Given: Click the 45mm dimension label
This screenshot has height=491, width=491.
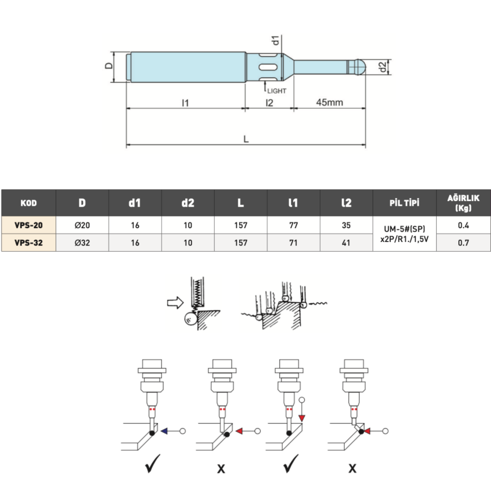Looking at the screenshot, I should pyautogui.click(x=329, y=102).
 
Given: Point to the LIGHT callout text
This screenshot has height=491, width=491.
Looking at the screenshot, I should pyautogui.click(x=277, y=91).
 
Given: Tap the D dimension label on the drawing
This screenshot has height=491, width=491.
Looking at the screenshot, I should pyautogui.click(x=108, y=66).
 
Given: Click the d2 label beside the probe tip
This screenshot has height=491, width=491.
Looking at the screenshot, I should pyautogui.click(x=383, y=66).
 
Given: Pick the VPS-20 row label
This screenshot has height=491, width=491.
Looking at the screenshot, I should pyautogui.click(x=28, y=225).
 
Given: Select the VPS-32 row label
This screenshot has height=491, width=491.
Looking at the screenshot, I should pyautogui.click(x=28, y=243).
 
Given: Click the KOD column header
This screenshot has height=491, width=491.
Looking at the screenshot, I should pyautogui.click(x=28, y=203).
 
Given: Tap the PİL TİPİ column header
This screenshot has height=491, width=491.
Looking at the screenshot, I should pyautogui.click(x=404, y=203).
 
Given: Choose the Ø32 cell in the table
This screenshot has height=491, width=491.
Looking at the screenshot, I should pyautogui.click(x=82, y=243).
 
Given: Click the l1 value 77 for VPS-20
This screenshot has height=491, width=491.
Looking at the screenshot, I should pyautogui.click(x=293, y=225).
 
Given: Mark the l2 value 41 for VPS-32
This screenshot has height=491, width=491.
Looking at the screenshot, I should pyautogui.click(x=346, y=243).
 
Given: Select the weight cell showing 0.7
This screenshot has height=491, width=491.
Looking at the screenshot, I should pyautogui.click(x=463, y=243).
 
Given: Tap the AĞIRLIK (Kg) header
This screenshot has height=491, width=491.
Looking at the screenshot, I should pyautogui.click(x=463, y=203).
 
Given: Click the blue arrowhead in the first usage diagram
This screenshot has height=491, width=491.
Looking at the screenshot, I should pyautogui.click(x=165, y=432).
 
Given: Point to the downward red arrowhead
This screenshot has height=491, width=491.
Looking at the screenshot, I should pyautogui.click(x=302, y=418).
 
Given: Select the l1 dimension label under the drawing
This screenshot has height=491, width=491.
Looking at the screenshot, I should pyautogui.click(x=185, y=102).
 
